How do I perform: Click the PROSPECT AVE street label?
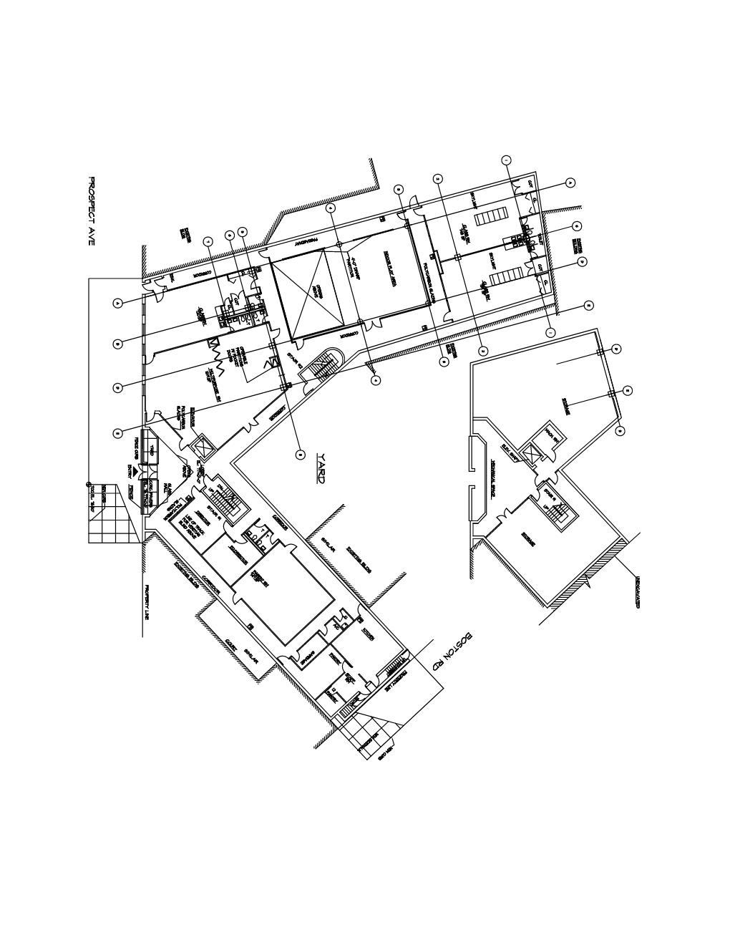tap(90, 212)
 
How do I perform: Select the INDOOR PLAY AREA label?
tap(390, 270)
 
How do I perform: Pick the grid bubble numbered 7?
tap(208, 241)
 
